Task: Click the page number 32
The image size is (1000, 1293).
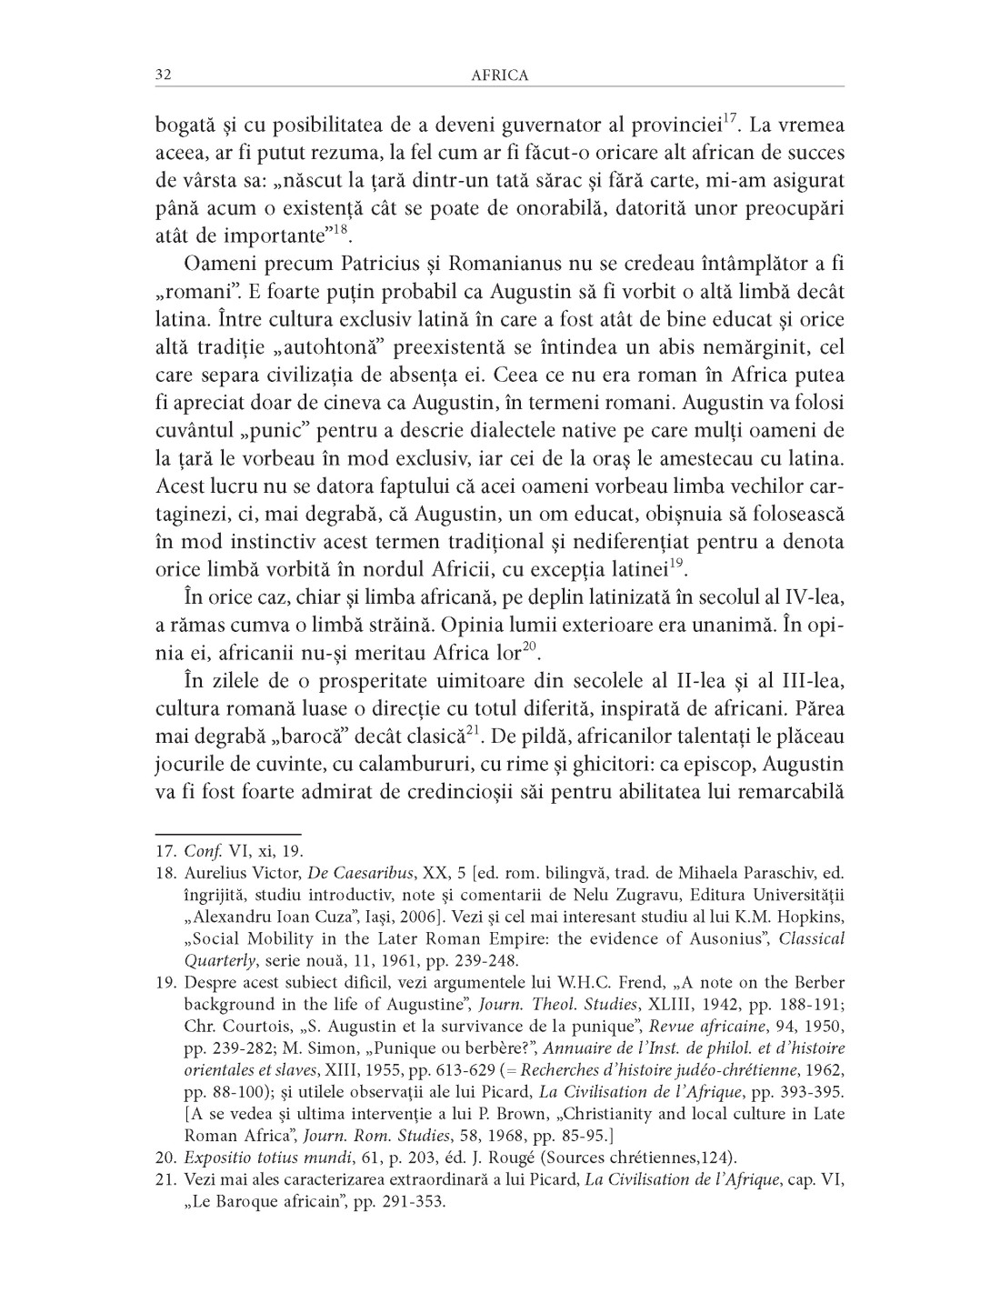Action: pyautogui.click(x=163, y=75)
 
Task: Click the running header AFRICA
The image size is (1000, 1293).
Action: pyautogui.click(x=500, y=75)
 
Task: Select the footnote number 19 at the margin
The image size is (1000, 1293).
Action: pyautogui.click(x=165, y=983)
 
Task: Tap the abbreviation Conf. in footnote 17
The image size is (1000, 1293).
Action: pyautogui.click(x=197, y=852)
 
